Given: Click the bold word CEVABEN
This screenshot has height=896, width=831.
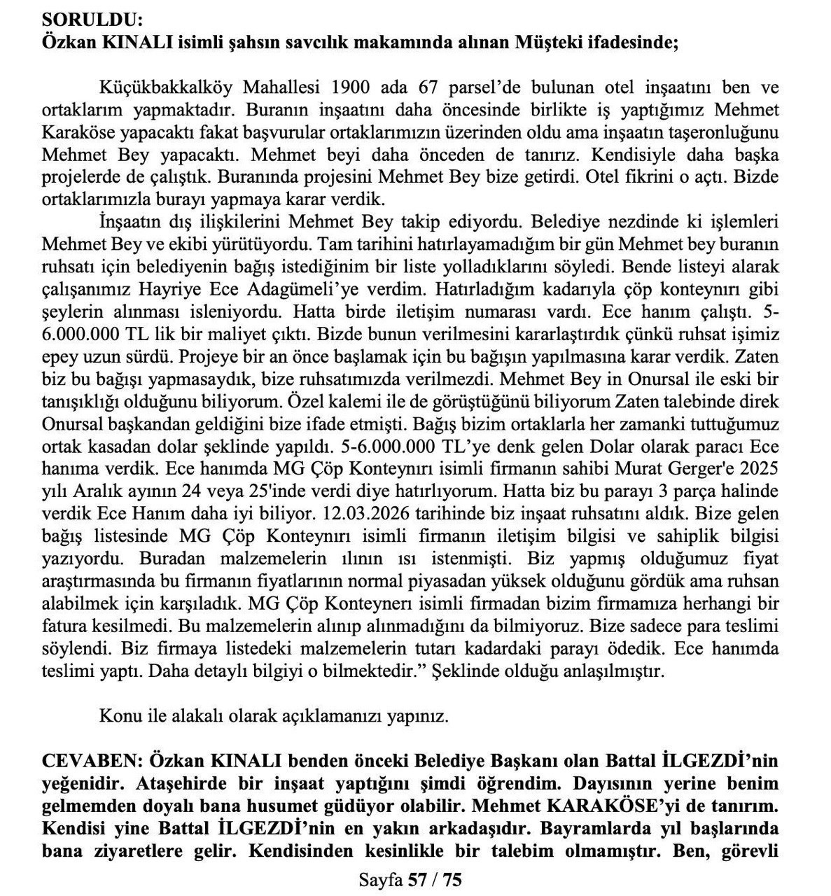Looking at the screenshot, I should (89, 761).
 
